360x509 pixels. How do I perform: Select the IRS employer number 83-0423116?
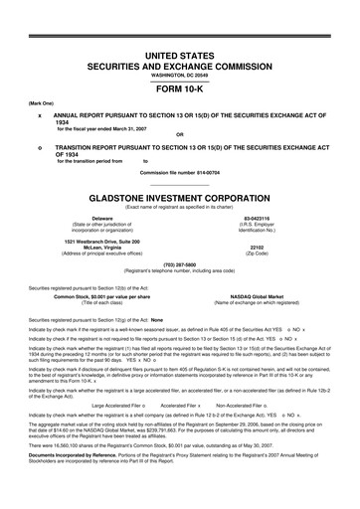point(258,217)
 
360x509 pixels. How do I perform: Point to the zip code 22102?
point(258,249)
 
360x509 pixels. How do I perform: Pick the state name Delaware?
point(101,217)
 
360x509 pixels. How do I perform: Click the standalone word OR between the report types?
point(179,135)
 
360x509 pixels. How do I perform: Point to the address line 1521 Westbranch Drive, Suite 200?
point(102,242)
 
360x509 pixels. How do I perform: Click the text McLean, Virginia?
point(102,249)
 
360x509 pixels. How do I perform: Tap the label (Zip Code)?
point(258,255)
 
